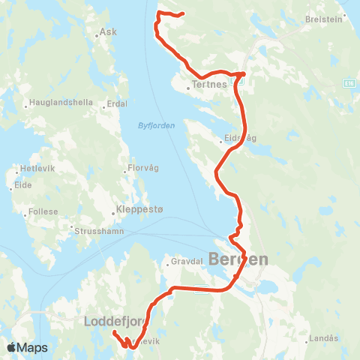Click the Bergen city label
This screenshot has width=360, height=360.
point(238,259)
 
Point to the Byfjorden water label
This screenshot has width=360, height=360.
point(156,125)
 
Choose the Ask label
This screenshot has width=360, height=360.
point(109,33)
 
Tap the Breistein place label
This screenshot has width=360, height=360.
point(326,20)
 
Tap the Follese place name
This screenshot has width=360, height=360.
point(43,212)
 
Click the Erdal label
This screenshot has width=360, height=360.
point(118,103)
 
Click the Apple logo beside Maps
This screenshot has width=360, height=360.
point(11,347)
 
